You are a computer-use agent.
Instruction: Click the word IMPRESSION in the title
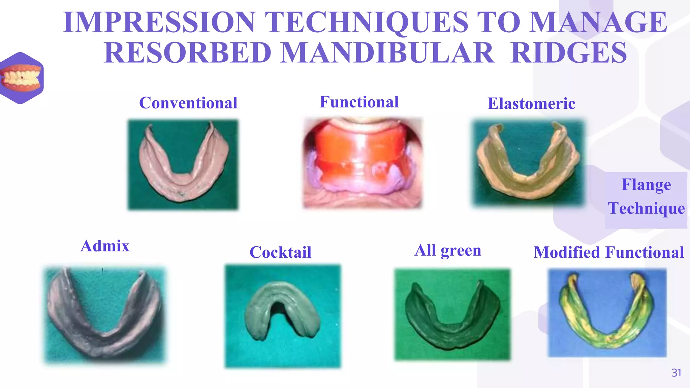point(158,22)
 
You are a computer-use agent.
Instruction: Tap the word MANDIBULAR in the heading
point(387,53)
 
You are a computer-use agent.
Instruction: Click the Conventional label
point(188,103)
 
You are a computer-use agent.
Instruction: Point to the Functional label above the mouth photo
point(359,102)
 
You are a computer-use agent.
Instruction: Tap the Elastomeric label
point(531,104)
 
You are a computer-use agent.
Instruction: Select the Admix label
point(105,246)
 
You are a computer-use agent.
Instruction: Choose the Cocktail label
point(280,252)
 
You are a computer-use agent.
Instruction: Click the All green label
point(448,251)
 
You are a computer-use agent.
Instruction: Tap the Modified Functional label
point(608,252)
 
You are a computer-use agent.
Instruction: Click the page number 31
point(676,373)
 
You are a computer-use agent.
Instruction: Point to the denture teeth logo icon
point(22,78)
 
